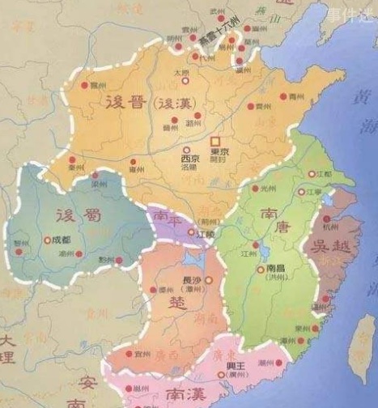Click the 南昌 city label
[276, 270]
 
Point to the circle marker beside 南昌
[259, 270]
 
